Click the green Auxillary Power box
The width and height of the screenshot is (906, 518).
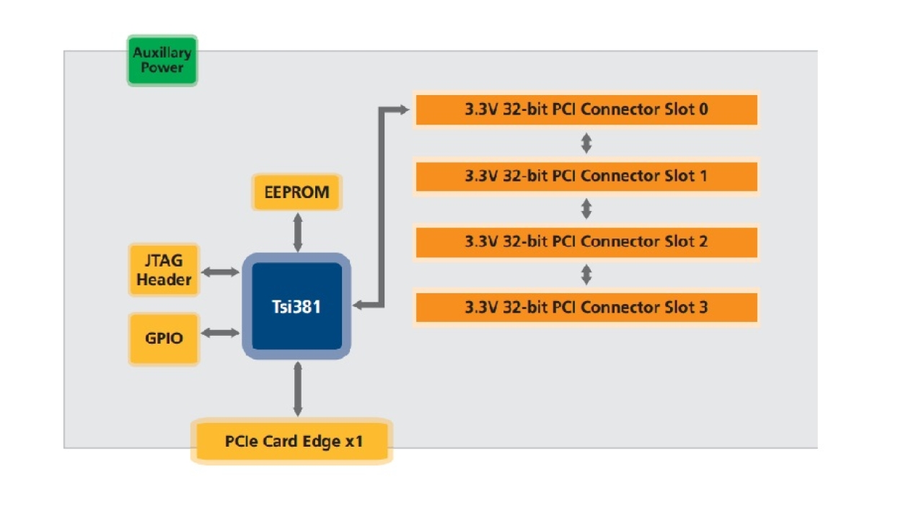point(162,61)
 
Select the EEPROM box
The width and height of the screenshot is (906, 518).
point(296,192)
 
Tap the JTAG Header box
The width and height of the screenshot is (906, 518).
point(164,269)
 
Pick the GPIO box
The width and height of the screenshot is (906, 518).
point(164,338)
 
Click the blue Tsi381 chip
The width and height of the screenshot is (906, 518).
point(296,306)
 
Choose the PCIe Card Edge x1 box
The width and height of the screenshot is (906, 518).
point(292,441)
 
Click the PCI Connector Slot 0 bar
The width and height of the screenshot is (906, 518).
point(586,110)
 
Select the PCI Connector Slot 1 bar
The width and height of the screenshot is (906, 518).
point(586,176)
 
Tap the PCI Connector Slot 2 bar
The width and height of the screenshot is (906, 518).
point(586,241)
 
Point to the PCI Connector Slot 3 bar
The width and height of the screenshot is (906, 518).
point(586,308)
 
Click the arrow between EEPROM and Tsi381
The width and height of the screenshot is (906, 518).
point(296,232)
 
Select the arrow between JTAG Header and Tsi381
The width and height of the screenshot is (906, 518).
point(221,272)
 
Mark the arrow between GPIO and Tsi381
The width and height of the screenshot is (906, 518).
point(221,333)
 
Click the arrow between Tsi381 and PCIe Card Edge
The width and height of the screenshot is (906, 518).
point(296,389)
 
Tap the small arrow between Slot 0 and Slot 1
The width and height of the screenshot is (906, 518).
point(586,143)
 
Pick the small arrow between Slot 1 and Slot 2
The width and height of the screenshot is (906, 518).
point(586,209)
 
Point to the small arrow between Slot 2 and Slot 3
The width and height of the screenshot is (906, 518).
point(586,274)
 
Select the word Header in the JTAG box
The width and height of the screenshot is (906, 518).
point(164,280)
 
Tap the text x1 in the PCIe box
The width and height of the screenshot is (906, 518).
point(353,441)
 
